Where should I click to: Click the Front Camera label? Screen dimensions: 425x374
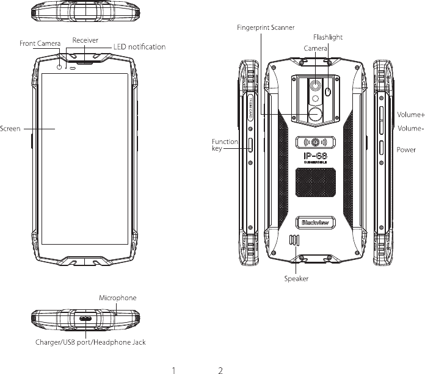click(40, 43)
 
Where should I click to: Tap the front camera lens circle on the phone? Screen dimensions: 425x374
click(59, 67)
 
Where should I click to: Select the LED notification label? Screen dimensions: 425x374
click(140, 47)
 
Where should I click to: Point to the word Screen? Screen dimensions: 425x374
click(10, 129)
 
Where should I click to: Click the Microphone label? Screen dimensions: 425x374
click(118, 298)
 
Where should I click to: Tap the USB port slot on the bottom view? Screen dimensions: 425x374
click(85, 318)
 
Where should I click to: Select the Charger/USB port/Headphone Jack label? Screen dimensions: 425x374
click(90, 342)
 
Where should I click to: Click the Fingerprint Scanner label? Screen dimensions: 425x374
click(266, 27)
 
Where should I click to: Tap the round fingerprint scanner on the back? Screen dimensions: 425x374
click(315, 114)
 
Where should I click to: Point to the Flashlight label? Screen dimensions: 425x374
click(328, 37)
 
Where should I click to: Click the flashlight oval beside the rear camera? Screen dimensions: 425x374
click(329, 92)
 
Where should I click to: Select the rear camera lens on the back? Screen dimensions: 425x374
click(315, 85)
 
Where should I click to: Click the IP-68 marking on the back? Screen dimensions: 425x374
click(316, 156)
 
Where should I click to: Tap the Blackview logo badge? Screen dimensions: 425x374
click(316, 223)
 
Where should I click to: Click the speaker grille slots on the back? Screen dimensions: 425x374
click(294, 240)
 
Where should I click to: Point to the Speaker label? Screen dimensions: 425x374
click(296, 279)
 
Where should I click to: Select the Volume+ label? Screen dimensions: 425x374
click(411, 115)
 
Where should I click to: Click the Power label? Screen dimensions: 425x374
click(406, 149)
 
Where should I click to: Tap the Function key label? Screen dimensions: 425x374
click(225, 145)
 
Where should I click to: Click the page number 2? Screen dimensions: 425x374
click(220, 370)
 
